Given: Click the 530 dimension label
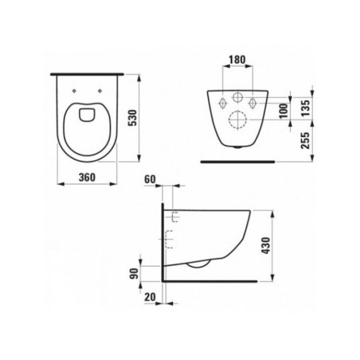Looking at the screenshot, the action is (133, 118).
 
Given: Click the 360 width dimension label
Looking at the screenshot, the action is (87, 177).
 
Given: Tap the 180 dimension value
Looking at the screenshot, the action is (238, 60).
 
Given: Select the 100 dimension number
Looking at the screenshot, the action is (284, 111).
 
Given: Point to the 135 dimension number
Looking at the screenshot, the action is (307, 108).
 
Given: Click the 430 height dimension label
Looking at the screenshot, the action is (266, 245).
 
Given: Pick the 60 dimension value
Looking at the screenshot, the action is (150, 179).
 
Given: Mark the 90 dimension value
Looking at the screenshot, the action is (135, 274).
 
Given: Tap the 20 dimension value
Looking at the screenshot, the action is (150, 297).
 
